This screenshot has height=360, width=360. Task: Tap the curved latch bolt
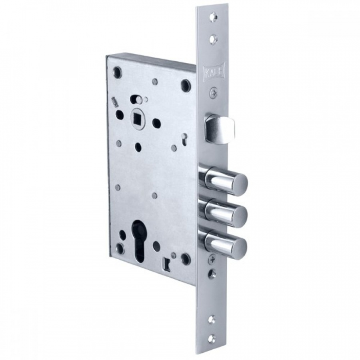[220, 129]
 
